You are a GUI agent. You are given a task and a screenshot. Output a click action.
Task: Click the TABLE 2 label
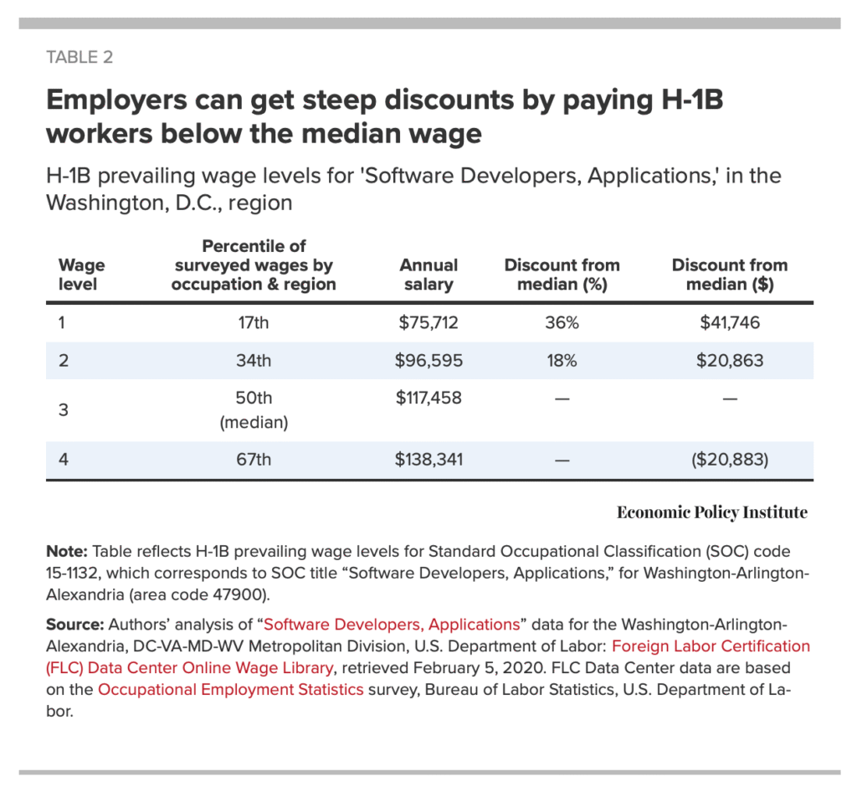[x=80, y=58]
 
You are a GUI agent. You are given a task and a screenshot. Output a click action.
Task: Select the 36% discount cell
[x=562, y=322]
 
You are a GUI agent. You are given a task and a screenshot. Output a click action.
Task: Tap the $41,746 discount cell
[x=730, y=322]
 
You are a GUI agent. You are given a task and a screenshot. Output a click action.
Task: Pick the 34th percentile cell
[x=254, y=361]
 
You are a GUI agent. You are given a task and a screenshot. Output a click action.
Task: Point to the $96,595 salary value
[x=428, y=361]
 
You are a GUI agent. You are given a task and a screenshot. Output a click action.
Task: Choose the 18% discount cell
[x=562, y=361]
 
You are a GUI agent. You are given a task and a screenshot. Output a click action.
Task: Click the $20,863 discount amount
[x=730, y=361]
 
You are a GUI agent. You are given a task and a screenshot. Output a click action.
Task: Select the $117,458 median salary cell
[x=428, y=399]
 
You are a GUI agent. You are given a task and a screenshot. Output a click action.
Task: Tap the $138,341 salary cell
[x=428, y=459]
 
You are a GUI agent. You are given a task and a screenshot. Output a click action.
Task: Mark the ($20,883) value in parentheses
[x=730, y=459]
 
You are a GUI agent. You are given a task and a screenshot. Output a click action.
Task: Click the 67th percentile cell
[x=254, y=459]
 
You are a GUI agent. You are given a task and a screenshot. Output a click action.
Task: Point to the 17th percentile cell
[x=254, y=322]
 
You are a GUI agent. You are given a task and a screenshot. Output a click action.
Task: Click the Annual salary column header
[x=428, y=275]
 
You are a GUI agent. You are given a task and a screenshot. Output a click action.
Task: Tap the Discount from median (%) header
[x=562, y=275]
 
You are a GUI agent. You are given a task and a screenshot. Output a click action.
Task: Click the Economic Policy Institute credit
[x=712, y=512]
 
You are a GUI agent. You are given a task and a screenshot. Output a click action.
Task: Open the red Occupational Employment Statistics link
[x=230, y=689]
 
